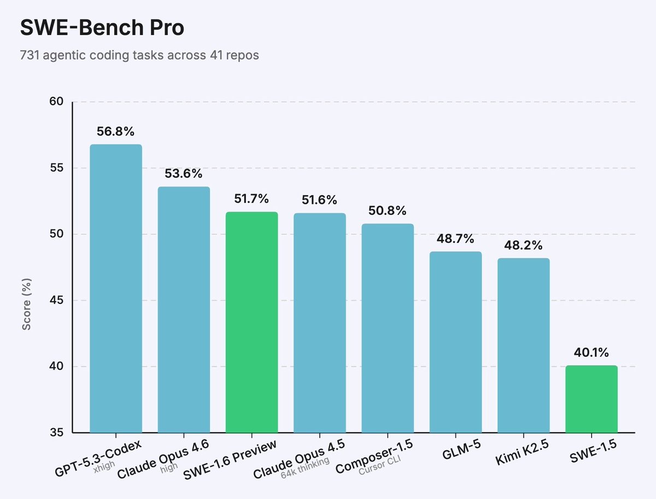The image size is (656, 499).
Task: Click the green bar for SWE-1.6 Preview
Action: pos(251,322)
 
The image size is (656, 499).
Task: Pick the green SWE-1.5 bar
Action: pos(591,399)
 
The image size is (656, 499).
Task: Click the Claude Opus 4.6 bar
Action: pos(184,309)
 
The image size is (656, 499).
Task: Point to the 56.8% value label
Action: pos(116,132)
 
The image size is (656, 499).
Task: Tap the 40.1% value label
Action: pos(591,353)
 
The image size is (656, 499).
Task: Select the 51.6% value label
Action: pos(319,200)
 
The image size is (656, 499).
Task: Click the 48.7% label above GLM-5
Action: pos(455,239)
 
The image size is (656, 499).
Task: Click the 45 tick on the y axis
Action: pos(57,301)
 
